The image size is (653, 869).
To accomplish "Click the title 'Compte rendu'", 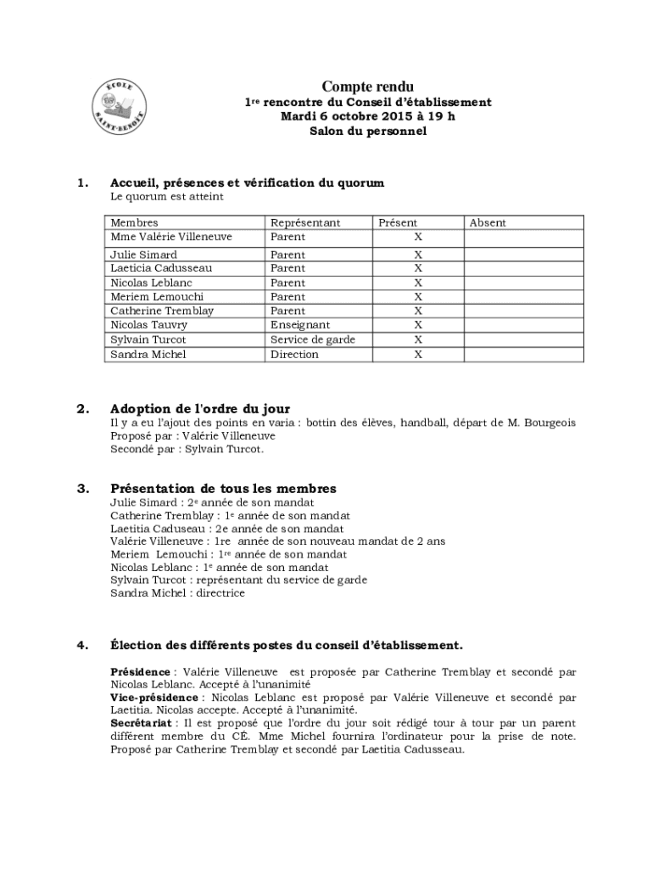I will click(367, 87).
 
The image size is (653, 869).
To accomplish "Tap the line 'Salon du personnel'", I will click(367, 132).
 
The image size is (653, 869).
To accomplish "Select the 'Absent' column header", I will click(488, 222).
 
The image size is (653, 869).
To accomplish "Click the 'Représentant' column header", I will click(304, 222).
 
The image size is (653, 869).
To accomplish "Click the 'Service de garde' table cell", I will click(312, 339).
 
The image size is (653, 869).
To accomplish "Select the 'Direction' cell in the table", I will click(294, 354).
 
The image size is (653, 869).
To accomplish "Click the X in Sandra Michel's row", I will click(418, 355).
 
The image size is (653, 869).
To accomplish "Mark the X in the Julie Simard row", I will click(418, 255).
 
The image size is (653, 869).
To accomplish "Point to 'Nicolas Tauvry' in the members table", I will click(149, 325).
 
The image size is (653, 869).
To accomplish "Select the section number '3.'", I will click(82, 489).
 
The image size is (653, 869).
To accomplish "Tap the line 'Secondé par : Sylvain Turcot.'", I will click(187, 449).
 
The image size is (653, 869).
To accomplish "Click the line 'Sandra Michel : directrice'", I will click(177, 593).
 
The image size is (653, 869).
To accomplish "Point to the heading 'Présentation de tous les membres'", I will click(223, 489).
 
